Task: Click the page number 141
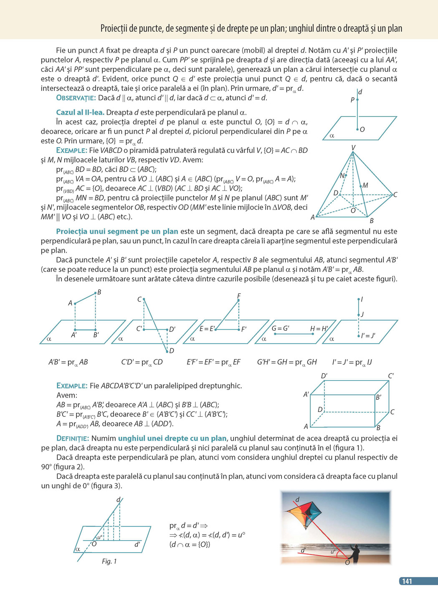click(407, 581)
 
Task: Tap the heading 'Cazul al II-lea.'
click(80, 112)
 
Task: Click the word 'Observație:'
click(76, 98)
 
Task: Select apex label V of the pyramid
click(353, 147)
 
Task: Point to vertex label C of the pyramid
click(395, 195)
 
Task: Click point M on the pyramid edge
click(365, 185)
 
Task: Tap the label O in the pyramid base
click(353, 210)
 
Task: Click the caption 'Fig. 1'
click(109, 561)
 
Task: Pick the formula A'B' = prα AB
click(68, 362)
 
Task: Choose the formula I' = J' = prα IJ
click(352, 362)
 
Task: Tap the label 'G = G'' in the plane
click(280, 328)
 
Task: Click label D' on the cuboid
click(324, 376)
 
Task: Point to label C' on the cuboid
click(390, 376)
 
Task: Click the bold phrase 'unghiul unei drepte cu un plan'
click(172, 439)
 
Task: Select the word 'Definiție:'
click(73, 439)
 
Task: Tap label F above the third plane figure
click(238, 296)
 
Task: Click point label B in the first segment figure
click(99, 292)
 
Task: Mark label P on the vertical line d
click(352, 100)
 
